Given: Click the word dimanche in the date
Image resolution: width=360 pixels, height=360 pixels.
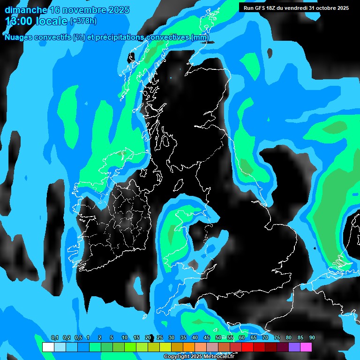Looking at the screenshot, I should [26, 10].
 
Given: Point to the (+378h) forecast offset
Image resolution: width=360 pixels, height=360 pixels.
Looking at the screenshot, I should [83, 21].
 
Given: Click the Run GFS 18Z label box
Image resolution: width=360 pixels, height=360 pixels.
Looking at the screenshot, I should [295, 7].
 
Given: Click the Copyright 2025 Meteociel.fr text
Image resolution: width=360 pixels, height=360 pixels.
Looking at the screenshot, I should [199, 357].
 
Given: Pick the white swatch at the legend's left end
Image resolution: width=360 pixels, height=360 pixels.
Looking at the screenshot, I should [48, 347].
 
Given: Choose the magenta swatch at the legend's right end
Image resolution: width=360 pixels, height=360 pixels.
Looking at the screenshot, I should [306, 347].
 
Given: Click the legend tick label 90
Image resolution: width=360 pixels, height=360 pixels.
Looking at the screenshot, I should [312, 338].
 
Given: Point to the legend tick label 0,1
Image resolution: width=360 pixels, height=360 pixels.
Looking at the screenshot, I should [55, 338].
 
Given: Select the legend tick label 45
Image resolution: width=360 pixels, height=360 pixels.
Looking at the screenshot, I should [207, 338].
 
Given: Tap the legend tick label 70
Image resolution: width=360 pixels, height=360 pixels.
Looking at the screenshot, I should [265, 338].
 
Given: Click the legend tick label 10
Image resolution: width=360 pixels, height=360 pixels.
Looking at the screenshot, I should [125, 338].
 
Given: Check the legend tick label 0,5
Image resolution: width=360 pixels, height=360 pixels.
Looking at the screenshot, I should [78, 338].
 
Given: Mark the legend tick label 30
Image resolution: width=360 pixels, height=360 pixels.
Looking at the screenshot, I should [172, 338].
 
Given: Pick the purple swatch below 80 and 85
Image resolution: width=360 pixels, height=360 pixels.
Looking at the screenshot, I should [294, 347].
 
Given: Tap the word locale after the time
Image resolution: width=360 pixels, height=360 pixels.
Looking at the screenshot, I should [52, 21].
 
